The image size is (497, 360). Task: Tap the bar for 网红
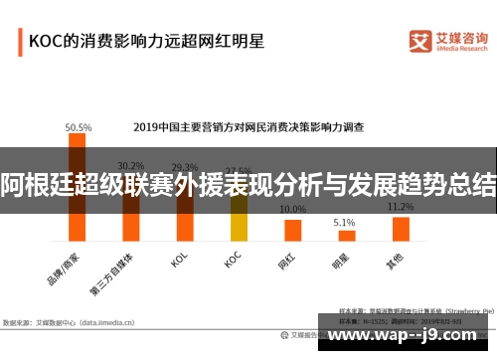[x=292, y=230]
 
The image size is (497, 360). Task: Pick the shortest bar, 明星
[x=346, y=235]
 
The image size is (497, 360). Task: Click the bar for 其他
[x=401, y=229]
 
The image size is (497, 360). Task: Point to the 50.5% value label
[x=79, y=127]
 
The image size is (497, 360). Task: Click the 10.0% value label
[x=292, y=210]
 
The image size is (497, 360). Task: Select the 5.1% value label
[x=344, y=222]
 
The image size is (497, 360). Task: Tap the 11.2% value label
[x=401, y=207]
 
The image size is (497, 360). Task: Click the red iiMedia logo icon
[x=420, y=41]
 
